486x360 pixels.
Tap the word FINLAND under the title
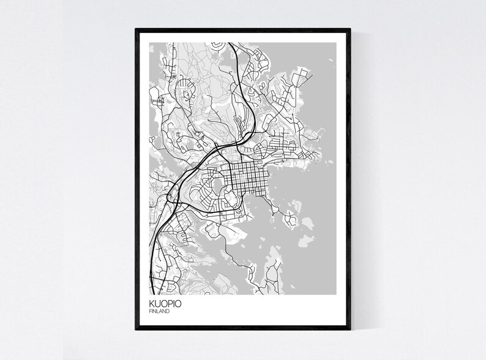(158, 312)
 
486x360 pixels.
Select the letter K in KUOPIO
(151, 304)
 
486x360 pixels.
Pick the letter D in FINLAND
(168, 312)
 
